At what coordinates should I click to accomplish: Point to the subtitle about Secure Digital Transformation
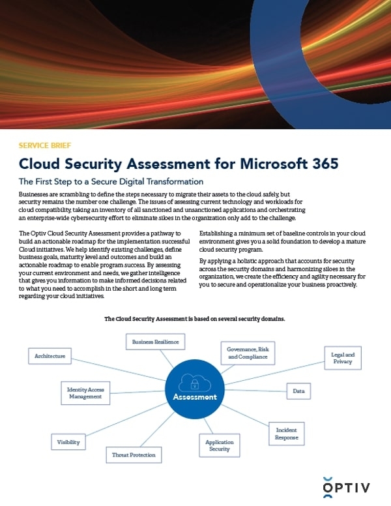pyautogui.click(x=111, y=181)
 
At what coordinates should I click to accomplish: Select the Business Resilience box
pyautogui.click(x=155, y=341)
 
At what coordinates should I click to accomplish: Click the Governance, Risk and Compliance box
pyautogui.click(x=247, y=353)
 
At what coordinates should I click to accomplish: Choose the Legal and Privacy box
pyautogui.click(x=341, y=358)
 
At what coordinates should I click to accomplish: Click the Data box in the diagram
pyautogui.click(x=298, y=391)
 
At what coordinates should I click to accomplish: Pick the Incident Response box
pyautogui.click(x=287, y=434)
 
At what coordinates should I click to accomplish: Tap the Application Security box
pyautogui.click(x=219, y=445)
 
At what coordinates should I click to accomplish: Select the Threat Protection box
pyautogui.click(x=134, y=454)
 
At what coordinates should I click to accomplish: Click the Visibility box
pyautogui.click(x=68, y=441)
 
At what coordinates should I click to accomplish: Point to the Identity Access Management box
pyautogui.click(x=85, y=392)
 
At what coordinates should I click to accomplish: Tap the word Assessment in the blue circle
pyautogui.click(x=195, y=396)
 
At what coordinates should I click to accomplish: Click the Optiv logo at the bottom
pyautogui.click(x=349, y=486)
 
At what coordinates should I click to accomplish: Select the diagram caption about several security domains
pyautogui.click(x=195, y=319)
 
